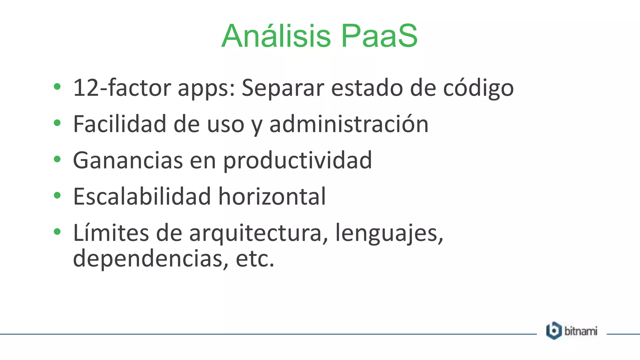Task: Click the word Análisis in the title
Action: click(x=276, y=36)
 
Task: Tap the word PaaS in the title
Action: click(x=379, y=36)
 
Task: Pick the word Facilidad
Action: click(x=120, y=124)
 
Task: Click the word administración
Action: click(x=349, y=124)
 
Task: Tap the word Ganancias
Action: click(x=128, y=160)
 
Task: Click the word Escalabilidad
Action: click(x=142, y=197)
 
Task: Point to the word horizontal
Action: click(x=272, y=197)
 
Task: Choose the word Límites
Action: click(x=111, y=233)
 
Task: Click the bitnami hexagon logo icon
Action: click(x=554, y=331)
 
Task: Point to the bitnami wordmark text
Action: click(x=581, y=331)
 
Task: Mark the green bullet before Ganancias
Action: click(x=57, y=159)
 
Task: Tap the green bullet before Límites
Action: click(x=57, y=232)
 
